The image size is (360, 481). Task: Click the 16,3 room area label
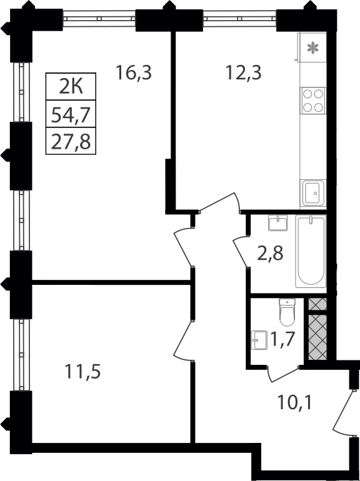click(134, 73)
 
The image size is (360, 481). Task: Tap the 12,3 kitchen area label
click(243, 73)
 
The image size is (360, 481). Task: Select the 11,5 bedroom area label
click(82, 372)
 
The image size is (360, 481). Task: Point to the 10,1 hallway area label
click(294, 402)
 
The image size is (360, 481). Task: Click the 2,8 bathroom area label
click(270, 254)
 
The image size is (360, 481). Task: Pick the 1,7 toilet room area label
click(282, 340)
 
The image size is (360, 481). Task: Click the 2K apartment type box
click(71, 86)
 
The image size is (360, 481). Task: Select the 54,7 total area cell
click(71, 114)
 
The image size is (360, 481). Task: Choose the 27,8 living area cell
click(71, 141)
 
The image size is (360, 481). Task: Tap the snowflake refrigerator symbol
click(313, 47)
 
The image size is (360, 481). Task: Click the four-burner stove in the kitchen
click(313, 101)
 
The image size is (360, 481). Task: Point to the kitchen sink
click(313, 193)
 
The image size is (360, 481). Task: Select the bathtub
click(311, 251)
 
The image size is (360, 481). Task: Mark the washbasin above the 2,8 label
click(277, 223)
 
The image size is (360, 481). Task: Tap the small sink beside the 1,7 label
click(259, 340)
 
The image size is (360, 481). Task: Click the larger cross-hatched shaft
click(317, 337)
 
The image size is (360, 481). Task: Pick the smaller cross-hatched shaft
click(317, 304)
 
